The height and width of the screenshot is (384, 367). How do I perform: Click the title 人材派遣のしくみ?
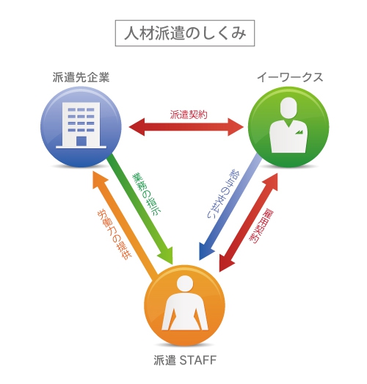(185, 33)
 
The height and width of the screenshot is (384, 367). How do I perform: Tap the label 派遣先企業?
(81, 77)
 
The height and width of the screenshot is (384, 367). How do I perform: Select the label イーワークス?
(290, 77)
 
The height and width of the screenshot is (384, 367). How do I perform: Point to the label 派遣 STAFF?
(185, 360)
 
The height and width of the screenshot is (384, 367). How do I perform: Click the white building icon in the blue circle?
(81, 125)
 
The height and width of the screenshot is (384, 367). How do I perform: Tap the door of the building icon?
(81, 141)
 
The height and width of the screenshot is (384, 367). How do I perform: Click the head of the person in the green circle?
(288, 109)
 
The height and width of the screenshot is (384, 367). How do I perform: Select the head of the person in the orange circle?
(185, 284)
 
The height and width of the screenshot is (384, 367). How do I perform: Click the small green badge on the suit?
(299, 132)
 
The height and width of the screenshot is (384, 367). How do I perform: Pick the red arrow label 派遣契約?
(189, 115)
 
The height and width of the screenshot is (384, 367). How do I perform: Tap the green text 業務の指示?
(147, 195)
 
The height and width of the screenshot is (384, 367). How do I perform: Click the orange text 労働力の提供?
(115, 234)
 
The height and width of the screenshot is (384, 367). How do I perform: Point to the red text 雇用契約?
(261, 226)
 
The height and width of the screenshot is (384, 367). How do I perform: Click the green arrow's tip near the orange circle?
(172, 264)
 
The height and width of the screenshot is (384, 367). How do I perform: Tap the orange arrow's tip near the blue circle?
(93, 171)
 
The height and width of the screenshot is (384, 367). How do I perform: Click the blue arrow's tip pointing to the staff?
(200, 260)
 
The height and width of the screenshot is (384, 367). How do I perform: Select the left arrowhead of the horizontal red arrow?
(129, 127)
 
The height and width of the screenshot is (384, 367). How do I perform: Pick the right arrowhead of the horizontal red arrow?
(244, 127)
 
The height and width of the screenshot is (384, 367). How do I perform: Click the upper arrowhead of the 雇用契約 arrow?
(277, 173)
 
